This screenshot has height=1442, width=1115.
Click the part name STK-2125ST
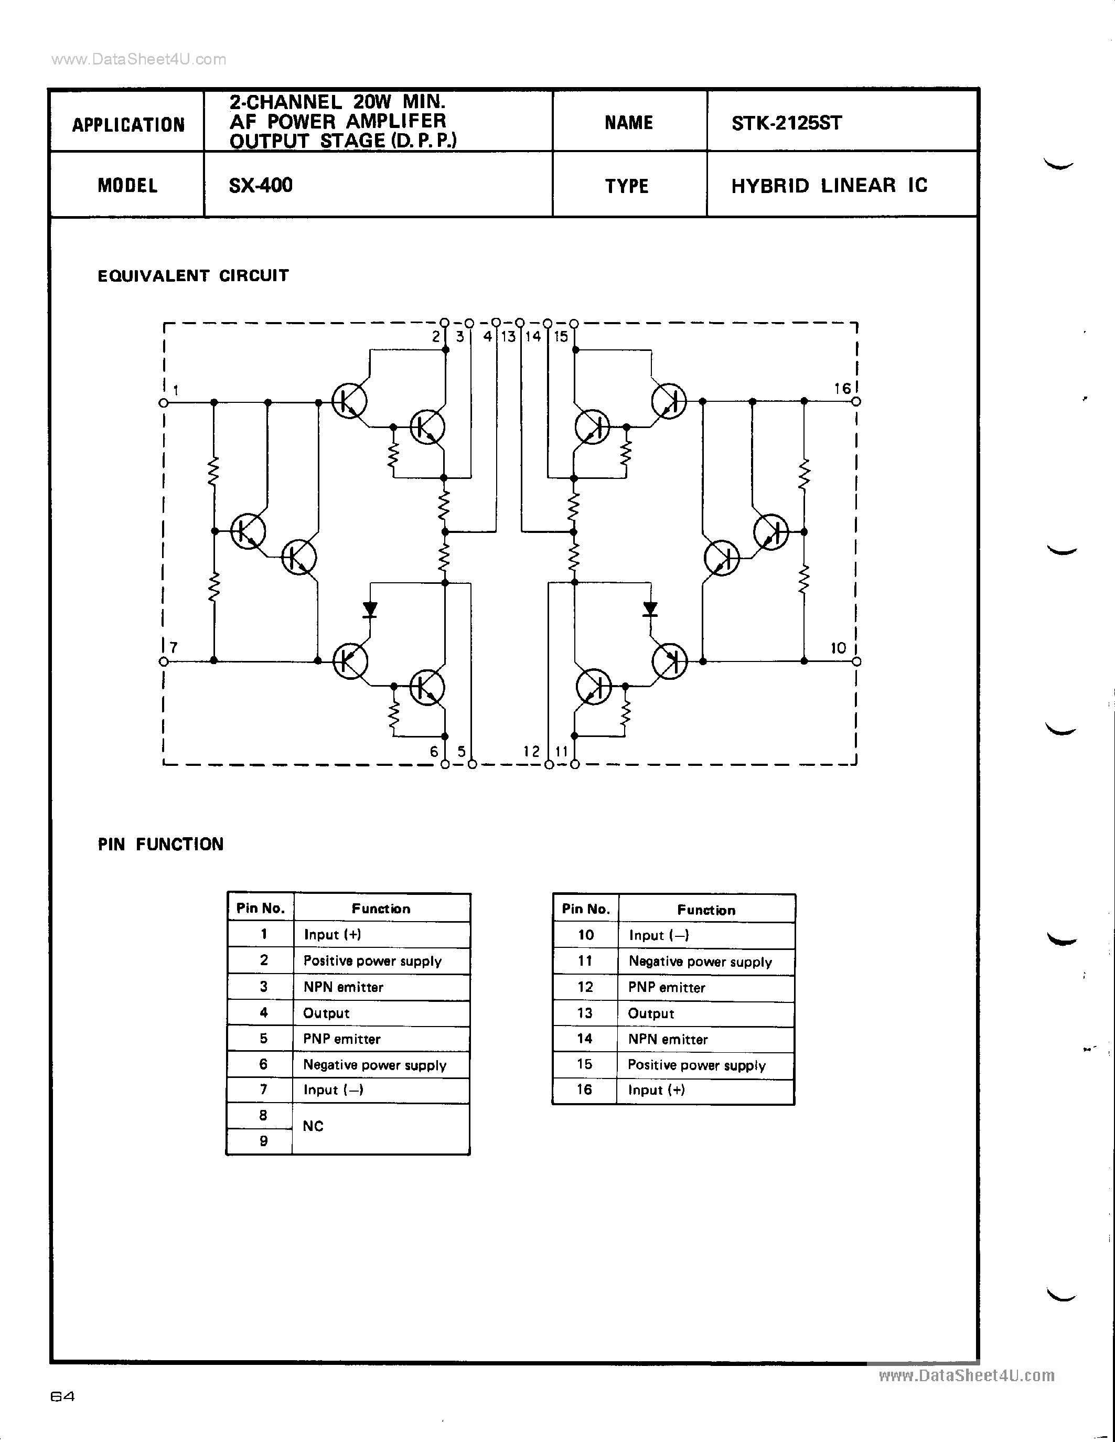coord(786,123)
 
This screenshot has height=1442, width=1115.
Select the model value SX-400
coord(261,185)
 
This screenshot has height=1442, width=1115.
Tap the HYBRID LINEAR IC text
coord(829,186)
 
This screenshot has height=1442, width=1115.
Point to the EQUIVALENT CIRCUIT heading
coord(193,275)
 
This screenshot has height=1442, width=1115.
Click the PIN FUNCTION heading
coord(160,845)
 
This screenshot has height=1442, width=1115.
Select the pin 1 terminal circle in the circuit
coord(164,402)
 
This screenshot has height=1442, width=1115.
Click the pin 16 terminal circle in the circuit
coord(856,401)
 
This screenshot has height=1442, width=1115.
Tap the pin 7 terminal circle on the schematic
coord(164,661)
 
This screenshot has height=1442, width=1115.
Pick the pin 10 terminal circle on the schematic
coord(856,661)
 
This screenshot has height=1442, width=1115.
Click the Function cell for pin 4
coord(381,1013)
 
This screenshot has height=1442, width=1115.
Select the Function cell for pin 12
coord(706,988)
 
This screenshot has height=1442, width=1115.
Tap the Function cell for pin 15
coord(706,1065)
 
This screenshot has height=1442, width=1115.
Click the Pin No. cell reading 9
coord(263,1141)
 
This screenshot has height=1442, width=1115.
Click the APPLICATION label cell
coord(128,125)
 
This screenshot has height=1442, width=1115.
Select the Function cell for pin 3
coord(381,987)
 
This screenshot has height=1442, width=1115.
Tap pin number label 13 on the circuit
coord(508,337)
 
